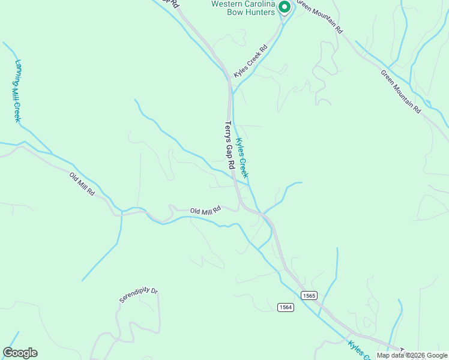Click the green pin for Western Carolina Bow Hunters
(285, 7)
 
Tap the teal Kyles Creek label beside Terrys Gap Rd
(241, 158)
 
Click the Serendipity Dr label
(138, 295)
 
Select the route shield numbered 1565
(309, 295)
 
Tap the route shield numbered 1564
(286, 307)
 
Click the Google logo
(20, 353)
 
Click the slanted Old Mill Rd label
(82, 184)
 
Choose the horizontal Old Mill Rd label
(205, 210)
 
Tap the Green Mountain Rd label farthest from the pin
(400, 91)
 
